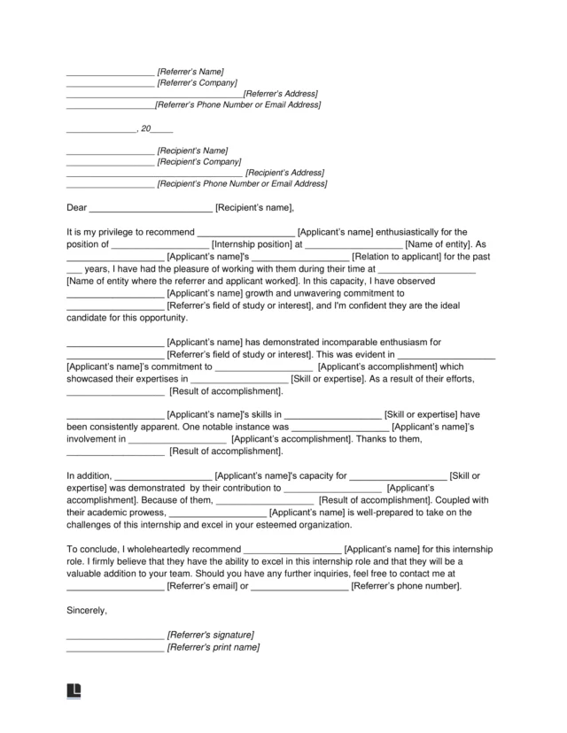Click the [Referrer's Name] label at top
pos(190,71)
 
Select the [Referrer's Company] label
pos(197,82)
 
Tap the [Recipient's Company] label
pos(198,162)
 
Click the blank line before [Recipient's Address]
pos(154,174)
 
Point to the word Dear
pos(77,208)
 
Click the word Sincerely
pos(87,610)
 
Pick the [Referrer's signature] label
pos(211,636)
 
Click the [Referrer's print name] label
pos(214,647)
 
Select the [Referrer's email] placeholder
pos(203,586)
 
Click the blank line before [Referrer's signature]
pos(115,636)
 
